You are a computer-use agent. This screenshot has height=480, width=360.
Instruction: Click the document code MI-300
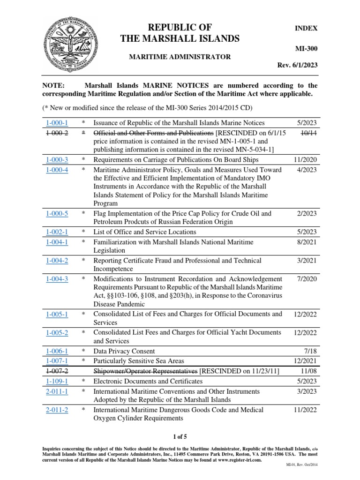coord(307,48)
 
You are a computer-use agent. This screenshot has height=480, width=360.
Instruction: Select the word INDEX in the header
coord(306,28)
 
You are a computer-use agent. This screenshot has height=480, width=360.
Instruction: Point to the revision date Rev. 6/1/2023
coord(298,65)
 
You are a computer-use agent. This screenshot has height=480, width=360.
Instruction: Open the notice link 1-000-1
coord(57,123)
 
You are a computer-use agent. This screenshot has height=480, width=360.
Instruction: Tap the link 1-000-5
coord(57,213)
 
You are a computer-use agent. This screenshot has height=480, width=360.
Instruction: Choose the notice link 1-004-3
coord(57,279)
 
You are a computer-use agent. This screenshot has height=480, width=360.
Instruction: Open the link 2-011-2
coord(57,410)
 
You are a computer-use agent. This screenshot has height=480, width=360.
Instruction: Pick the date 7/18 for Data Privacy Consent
coord(310,351)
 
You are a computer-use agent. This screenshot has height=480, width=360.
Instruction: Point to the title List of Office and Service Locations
coord(145,232)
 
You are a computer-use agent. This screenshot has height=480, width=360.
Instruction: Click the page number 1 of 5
coord(180,437)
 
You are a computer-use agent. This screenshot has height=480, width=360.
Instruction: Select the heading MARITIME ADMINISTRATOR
coord(180,57)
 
